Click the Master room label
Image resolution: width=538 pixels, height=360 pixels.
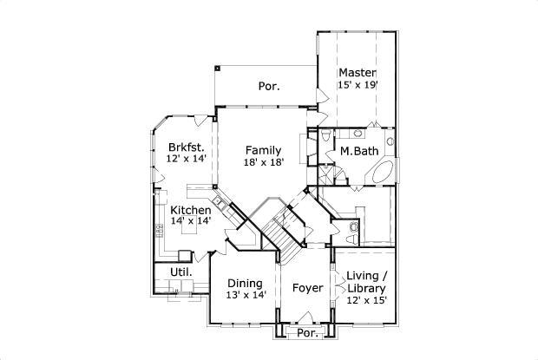[357, 72]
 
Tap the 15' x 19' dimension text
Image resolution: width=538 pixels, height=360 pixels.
[357, 85]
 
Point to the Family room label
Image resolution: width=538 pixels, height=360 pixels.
[262, 150]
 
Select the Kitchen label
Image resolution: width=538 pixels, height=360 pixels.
[190, 211]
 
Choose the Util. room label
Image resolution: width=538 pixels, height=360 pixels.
[180, 272]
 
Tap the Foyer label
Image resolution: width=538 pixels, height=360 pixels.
[307, 288]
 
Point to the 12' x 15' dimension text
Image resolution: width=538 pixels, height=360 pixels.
[365, 300]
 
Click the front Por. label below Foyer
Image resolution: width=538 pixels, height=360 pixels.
[306, 333]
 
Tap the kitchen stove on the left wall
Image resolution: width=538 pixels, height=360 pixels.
[161, 231]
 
